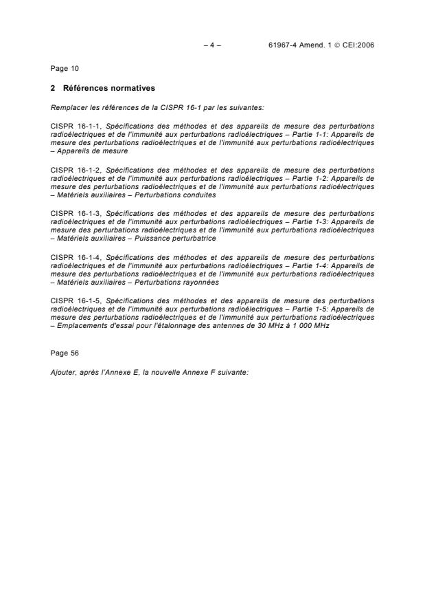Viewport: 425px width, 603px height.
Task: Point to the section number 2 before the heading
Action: [54, 88]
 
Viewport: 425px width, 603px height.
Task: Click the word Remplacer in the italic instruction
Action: [66, 107]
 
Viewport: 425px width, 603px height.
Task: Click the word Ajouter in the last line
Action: [62, 371]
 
